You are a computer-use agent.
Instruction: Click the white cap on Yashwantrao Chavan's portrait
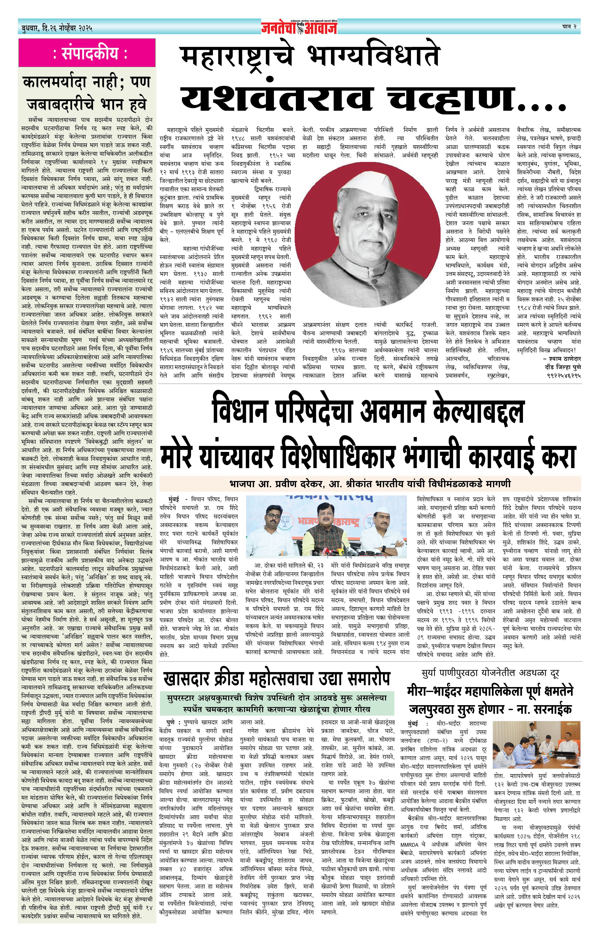pyautogui.click(x=370, y=188)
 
